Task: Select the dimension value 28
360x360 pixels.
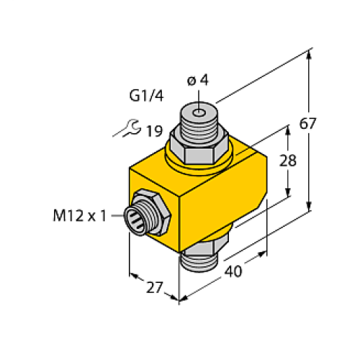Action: click(288, 161)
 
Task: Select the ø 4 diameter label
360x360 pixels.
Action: click(197, 81)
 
